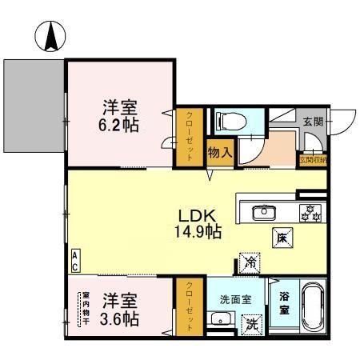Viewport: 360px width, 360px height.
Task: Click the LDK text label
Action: [198, 216]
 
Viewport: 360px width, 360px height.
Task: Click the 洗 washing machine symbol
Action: [250, 323]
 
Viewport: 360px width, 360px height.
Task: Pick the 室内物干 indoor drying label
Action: [85, 310]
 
